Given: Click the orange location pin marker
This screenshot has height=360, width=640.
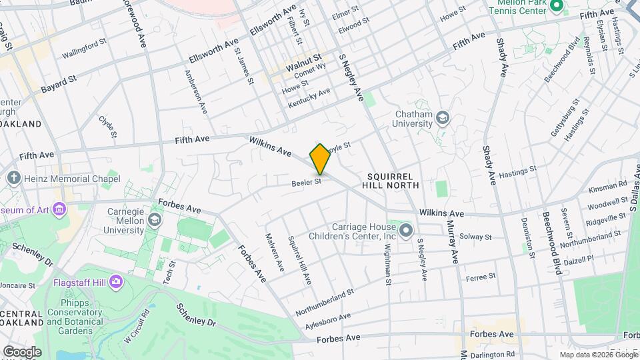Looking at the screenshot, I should click(320, 159).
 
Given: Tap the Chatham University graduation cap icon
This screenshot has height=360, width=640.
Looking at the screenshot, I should click(443, 119).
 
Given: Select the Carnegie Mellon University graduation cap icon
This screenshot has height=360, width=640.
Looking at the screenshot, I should click(155, 220).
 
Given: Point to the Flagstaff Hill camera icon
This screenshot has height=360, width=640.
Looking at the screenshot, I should click(116, 281).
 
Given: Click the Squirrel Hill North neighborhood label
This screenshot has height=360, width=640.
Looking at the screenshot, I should click(393, 180).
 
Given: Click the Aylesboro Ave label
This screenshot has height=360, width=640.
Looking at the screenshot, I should click(327, 321).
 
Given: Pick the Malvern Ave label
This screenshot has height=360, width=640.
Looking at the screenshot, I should click(275, 252).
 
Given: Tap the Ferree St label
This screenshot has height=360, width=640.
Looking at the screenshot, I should click(481, 277).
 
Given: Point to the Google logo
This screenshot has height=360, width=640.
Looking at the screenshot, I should click(22, 351).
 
